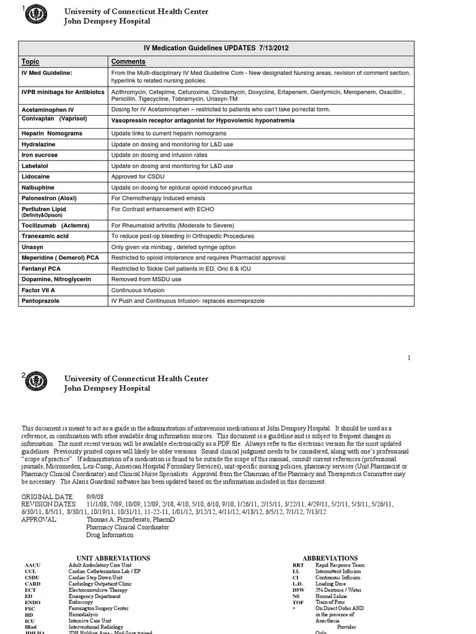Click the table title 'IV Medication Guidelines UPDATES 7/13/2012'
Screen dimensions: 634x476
pyautogui.click(x=216, y=48)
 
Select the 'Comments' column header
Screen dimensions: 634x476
pyautogui.click(x=128, y=61)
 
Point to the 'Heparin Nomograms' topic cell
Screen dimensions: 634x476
pyautogui.click(x=51, y=133)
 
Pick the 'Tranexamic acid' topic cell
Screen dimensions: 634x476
pyautogui.click(x=45, y=236)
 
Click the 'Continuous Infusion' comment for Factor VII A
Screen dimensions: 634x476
pyautogui.click(x=138, y=290)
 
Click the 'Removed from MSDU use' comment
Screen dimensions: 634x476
pyautogui.click(x=146, y=279)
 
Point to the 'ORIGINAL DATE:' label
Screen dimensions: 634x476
pyautogui.click(x=48, y=497)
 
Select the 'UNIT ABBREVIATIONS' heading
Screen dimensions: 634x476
pyautogui.click(x=113, y=558)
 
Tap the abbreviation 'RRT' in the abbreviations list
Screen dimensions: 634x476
pyautogui.click(x=297, y=565)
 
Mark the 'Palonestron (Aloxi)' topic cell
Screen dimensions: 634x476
pyautogui.click(x=50, y=198)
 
